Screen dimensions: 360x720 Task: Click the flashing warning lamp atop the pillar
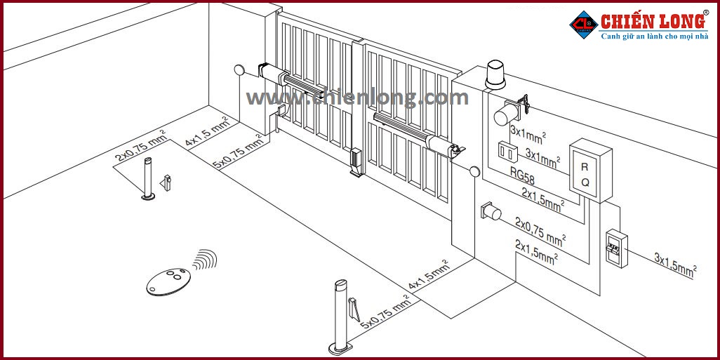(495, 75)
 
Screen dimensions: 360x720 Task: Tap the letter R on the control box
(585, 167)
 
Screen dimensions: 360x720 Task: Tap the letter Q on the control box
(585, 182)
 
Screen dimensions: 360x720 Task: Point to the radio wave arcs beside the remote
(204, 261)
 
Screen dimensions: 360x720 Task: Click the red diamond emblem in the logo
(582, 23)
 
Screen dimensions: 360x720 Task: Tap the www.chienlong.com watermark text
(357, 98)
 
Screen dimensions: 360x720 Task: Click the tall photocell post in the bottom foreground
(340, 316)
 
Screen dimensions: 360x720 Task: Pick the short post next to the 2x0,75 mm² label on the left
(147, 178)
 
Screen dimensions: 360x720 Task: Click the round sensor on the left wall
(239, 70)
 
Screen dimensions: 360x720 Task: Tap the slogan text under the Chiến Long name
(654, 36)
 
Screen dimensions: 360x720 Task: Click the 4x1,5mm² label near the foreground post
(430, 276)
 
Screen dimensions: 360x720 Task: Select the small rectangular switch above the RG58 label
(507, 150)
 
